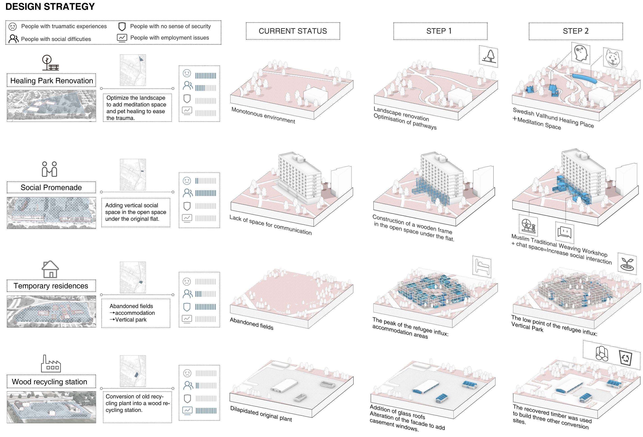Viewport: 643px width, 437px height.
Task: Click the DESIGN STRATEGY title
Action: (x=50, y=7)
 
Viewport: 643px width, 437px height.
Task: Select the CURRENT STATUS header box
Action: (x=293, y=31)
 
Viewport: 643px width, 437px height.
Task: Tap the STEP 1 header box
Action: (x=440, y=31)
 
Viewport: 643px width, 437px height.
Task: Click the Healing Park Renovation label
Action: (x=51, y=80)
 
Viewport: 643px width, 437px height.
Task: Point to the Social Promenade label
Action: (x=51, y=187)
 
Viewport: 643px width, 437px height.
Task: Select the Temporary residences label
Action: (x=51, y=286)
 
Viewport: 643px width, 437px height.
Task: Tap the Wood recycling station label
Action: (x=50, y=382)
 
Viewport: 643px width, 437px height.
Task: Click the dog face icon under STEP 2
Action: (x=613, y=59)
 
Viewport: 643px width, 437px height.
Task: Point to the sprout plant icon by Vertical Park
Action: (x=627, y=264)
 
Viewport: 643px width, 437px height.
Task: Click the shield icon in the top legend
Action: (x=122, y=27)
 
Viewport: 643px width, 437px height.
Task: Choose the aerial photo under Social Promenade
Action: (x=51, y=213)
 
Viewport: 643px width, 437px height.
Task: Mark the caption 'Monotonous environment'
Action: (x=263, y=115)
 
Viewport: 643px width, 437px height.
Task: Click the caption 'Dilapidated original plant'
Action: (x=261, y=414)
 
